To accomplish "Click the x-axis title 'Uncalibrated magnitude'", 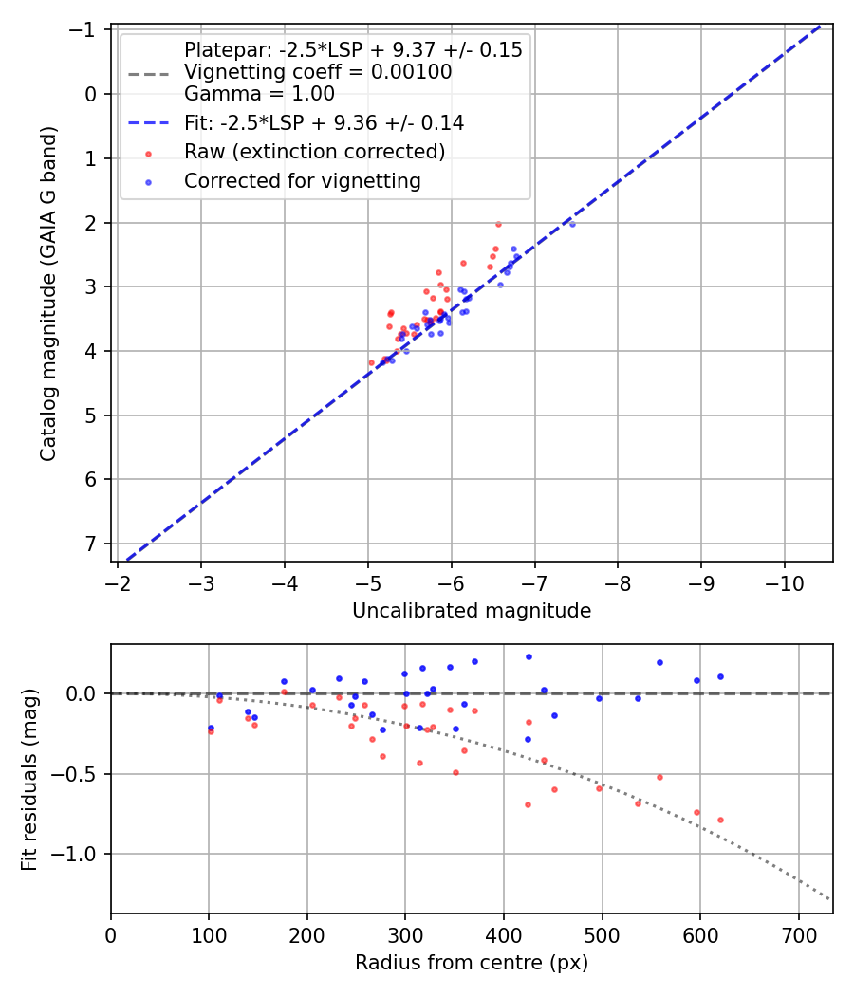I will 472,611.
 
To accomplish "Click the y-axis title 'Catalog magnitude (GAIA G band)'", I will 48,294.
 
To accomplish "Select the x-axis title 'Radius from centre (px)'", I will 472,963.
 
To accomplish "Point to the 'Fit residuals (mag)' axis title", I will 29,779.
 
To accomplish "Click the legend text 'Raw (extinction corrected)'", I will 314,152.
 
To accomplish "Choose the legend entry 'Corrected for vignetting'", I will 302,180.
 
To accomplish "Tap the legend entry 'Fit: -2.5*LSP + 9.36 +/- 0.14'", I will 324,122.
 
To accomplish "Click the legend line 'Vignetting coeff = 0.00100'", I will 317,72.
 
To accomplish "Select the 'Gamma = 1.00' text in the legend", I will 259,94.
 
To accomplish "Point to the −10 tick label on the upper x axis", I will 784,581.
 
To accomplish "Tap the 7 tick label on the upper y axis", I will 92,544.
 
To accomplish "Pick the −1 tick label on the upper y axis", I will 87,30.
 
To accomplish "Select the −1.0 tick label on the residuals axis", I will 78,854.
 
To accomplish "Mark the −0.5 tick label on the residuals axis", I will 78,774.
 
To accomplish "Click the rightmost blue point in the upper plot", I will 572,224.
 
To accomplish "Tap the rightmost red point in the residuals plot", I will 720,820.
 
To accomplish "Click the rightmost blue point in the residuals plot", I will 720,676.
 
